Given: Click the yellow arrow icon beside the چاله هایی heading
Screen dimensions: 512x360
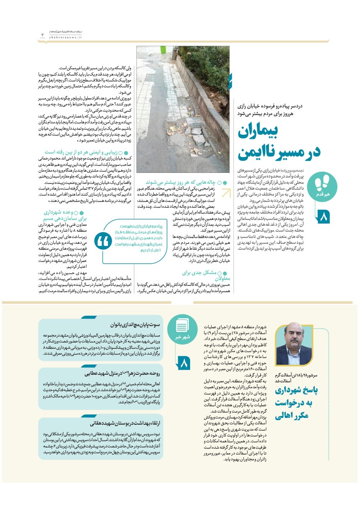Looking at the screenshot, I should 226,193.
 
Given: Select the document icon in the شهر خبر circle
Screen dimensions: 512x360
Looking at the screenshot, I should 182,326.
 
